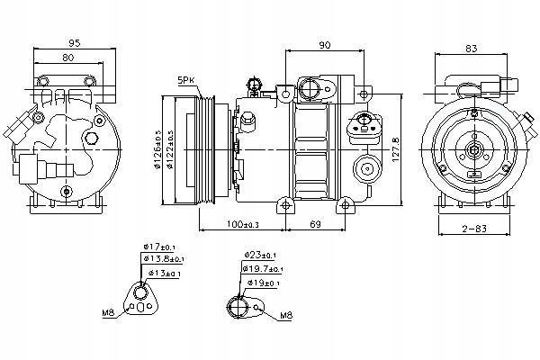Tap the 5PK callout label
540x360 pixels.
tap(186, 80)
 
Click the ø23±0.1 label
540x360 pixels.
tap(263, 256)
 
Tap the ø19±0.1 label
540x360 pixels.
tap(263, 283)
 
